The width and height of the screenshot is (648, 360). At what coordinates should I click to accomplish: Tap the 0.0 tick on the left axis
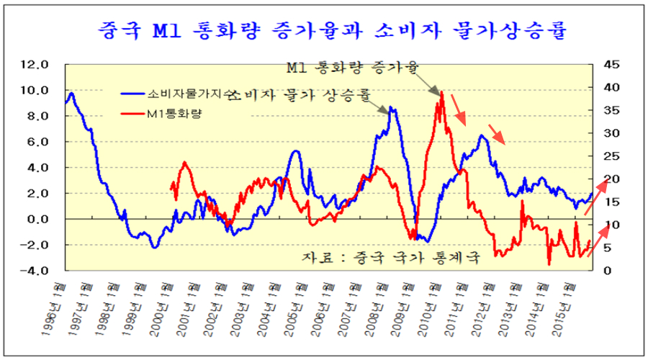tap(37, 219)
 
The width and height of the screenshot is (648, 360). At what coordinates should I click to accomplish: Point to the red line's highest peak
tap(441, 93)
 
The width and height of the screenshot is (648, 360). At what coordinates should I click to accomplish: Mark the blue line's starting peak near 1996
tap(71, 93)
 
